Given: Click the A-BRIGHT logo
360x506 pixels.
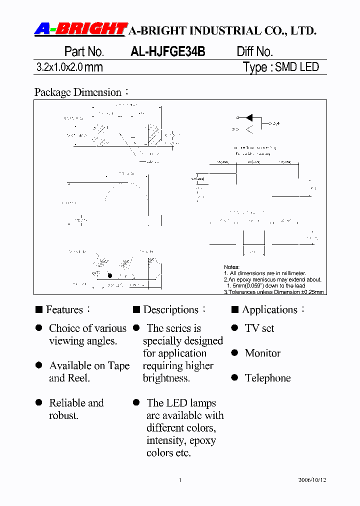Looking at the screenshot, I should click(80, 29).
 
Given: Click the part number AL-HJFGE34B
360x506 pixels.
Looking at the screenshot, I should click(167, 51).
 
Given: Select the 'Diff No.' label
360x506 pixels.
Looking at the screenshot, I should click(254, 51).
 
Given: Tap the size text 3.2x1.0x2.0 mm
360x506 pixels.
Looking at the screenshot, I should click(69, 67).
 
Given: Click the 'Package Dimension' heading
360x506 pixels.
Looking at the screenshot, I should click(78, 92).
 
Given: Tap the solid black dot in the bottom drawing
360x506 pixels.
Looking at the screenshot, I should click(110, 275).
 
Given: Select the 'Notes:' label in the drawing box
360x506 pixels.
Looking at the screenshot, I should click(231, 267).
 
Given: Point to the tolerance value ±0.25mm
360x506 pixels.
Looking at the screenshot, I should click(310, 292).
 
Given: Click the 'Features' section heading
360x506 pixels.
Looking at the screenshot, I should click(64, 310).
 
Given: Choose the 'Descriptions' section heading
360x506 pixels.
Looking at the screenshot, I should click(170, 310).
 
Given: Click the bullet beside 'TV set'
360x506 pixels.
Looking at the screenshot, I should click(234, 328).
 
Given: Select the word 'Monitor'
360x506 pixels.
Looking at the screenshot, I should click(262, 353).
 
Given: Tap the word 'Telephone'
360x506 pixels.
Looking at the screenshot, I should click(267, 378).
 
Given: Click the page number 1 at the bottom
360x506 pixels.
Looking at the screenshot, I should click(179, 480).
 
